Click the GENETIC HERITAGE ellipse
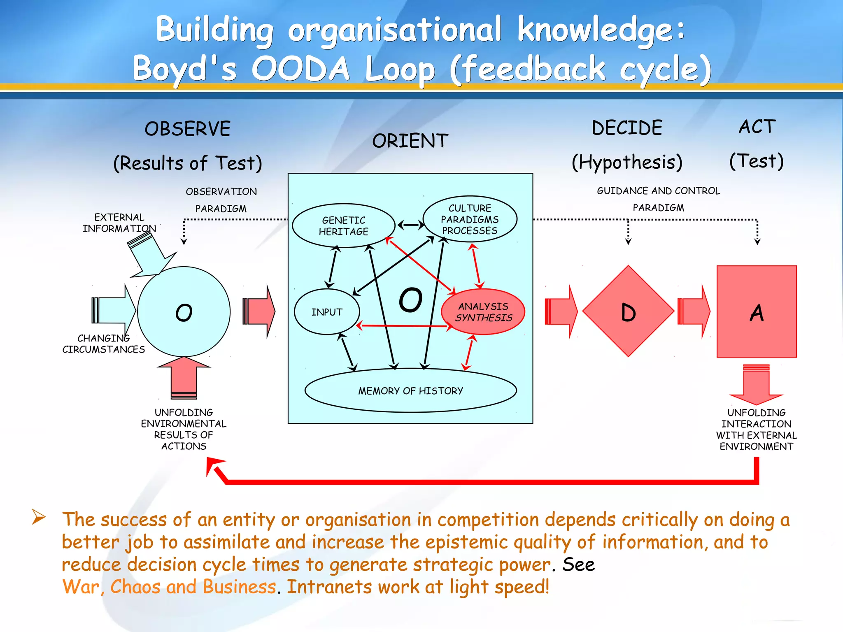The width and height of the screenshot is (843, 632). click(343, 226)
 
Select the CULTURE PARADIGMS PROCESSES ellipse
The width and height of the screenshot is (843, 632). click(470, 219)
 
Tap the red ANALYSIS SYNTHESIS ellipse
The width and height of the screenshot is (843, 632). click(483, 312)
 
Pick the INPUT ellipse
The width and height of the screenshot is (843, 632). click(327, 312)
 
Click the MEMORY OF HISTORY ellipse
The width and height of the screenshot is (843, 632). click(410, 390)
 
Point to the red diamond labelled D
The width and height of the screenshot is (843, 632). click(628, 311)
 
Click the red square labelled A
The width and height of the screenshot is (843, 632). click(757, 311)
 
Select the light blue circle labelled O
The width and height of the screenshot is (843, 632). click(184, 312)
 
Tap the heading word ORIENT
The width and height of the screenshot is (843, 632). click(410, 141)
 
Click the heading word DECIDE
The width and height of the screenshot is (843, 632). click(627, 128)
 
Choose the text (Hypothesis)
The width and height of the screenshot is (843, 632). click(627, 162)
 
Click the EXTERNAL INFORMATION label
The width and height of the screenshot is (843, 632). click(119, 223)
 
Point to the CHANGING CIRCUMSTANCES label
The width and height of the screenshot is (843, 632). click(103, 344)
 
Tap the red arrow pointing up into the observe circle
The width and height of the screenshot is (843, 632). click(184, 376)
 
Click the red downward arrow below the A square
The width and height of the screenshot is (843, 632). click(756, 385)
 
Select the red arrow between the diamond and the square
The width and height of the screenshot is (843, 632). click(694, 311)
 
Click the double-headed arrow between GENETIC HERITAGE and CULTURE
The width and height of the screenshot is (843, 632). click(410, 225)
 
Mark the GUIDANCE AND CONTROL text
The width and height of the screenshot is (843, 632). click(658, 191)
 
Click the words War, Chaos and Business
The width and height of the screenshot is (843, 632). click(169, 587)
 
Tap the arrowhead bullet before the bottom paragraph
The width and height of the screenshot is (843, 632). click(39, 517)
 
